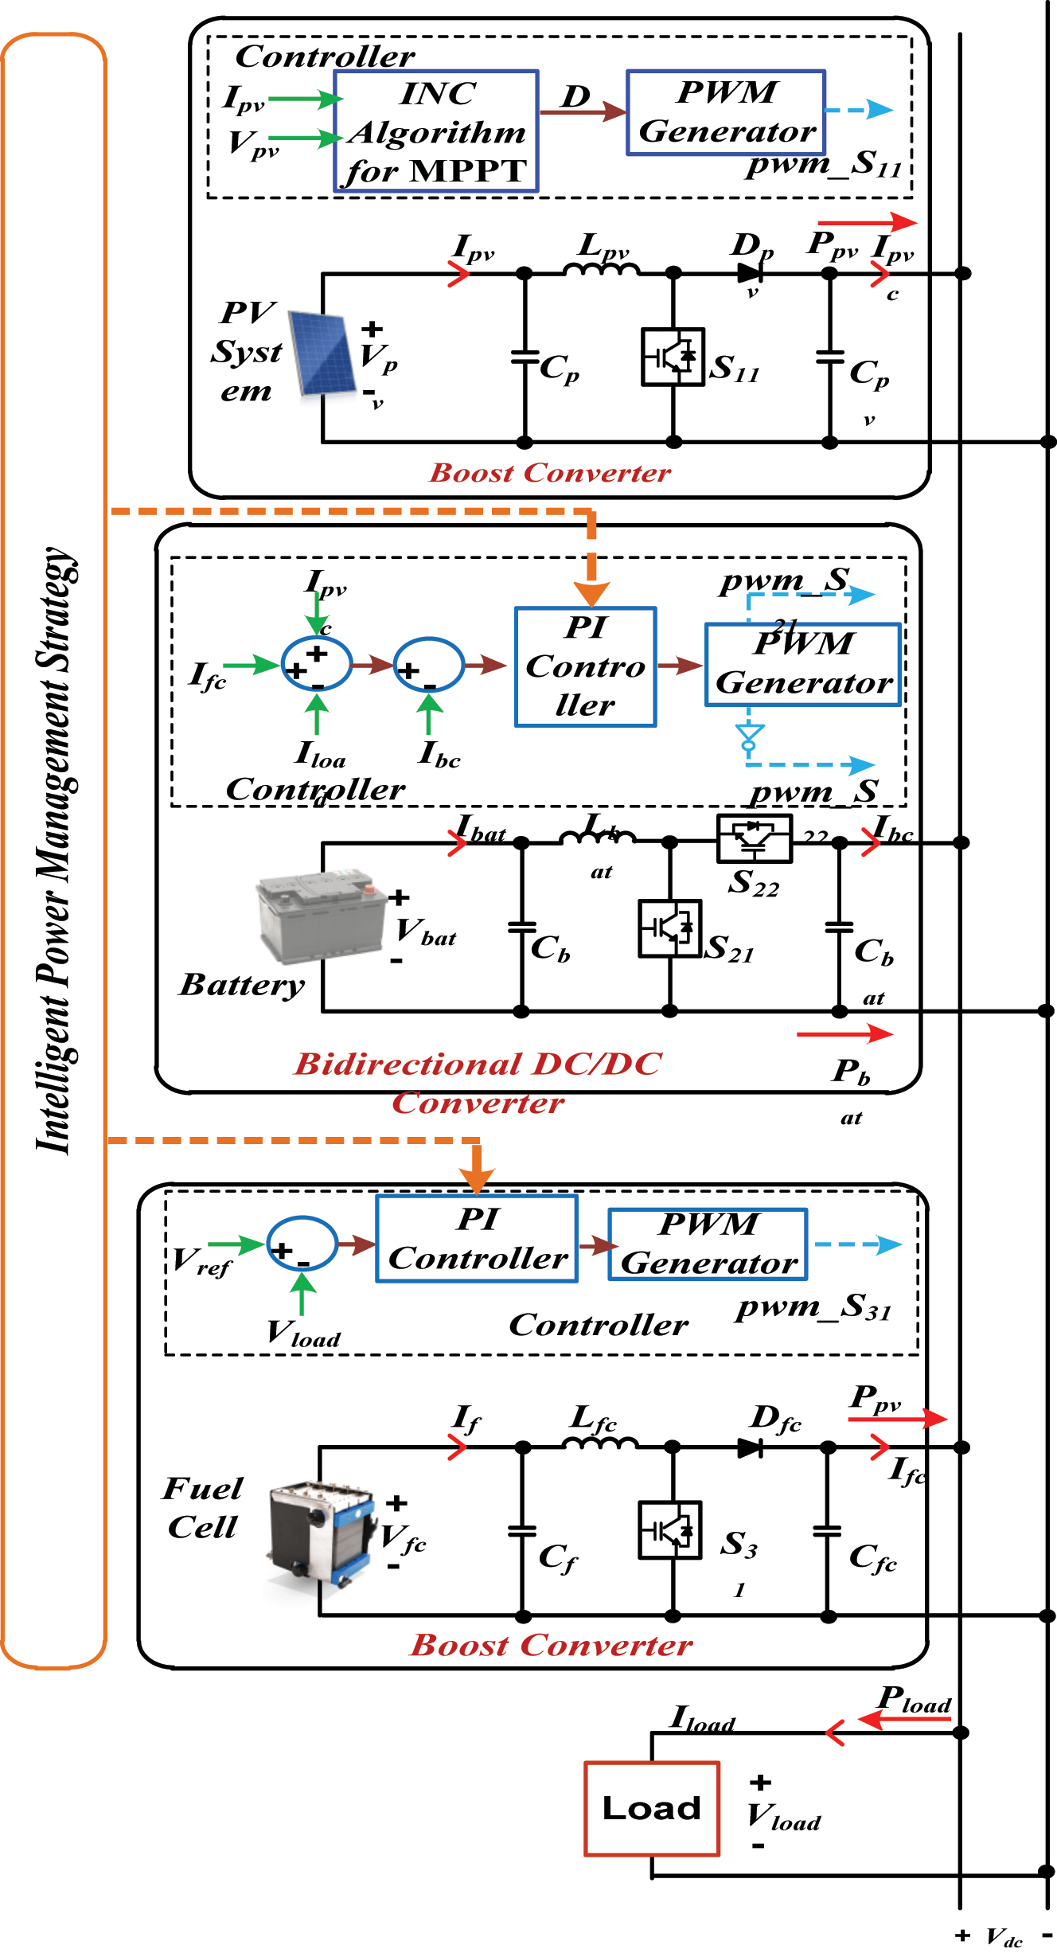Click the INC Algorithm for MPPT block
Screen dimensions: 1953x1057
(x=436, y=131)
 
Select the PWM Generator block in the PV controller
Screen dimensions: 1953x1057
(x=726, y=112)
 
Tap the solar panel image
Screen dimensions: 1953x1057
(x=322, y=353)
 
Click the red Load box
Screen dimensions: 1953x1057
(x=652, y=1808)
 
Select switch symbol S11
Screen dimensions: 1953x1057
(x=673, y=357)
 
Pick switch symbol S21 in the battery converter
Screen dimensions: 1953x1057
(x=669, y=928)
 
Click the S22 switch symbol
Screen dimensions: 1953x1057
(x=754, y=838)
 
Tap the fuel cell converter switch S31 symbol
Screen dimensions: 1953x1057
(x=669, y=1529)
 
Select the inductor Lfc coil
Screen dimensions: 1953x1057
(x=600, y=1443)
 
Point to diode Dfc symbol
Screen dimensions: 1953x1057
(x=751, y=1448)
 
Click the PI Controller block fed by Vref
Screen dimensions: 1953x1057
(x=477, y=1239)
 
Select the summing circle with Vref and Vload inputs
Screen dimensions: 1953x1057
(x=302, y=1244)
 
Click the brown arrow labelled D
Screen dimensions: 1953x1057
(x=583, y=111)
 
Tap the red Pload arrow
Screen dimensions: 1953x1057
(x=905, y=1720)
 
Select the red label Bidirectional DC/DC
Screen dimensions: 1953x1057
(x=478, y=1064)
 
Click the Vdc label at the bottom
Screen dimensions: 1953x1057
(x=1004, y=1937)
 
